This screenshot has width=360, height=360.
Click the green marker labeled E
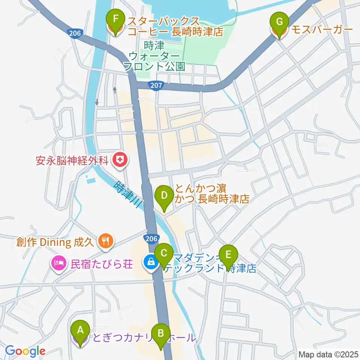(x=228, y=255)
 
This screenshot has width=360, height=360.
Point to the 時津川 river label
(x=128, y=195)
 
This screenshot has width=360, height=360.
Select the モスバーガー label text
(x=321, y=30)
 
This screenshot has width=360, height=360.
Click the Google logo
(x=25, y=351)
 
